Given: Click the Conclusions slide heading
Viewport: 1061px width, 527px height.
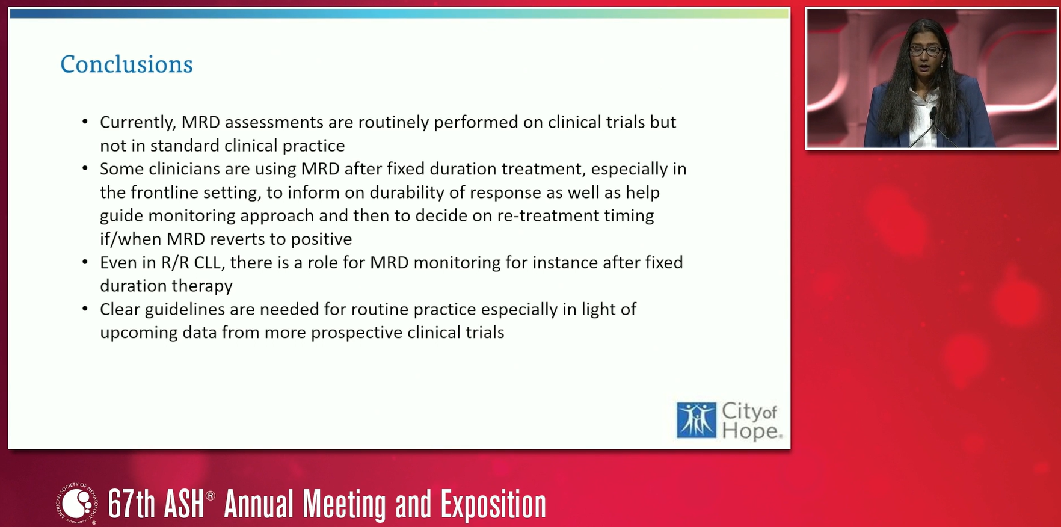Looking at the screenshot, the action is click(x=126, y=64).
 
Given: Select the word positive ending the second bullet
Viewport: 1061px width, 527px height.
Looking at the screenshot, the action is click(x=321, y=239).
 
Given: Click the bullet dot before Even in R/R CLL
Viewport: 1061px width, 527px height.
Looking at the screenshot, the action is click(x=85, y=263).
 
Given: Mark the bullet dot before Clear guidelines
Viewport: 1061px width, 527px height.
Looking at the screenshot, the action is click(x=85, y=310).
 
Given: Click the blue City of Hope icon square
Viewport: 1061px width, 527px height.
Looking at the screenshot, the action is click(x=697, y=420).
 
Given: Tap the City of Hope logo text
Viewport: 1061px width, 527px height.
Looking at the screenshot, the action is click(x=751, y=421).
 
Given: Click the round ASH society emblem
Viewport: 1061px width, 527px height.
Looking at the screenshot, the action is click(x=77, y=504).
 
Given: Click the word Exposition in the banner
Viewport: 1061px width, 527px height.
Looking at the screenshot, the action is click(x=494, y=505).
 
